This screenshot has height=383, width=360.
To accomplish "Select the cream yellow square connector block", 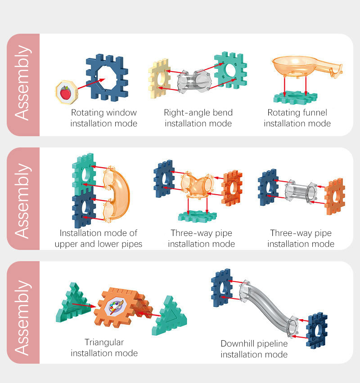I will click(159, 78).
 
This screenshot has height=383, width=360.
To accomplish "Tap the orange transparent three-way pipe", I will click(197, 184).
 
